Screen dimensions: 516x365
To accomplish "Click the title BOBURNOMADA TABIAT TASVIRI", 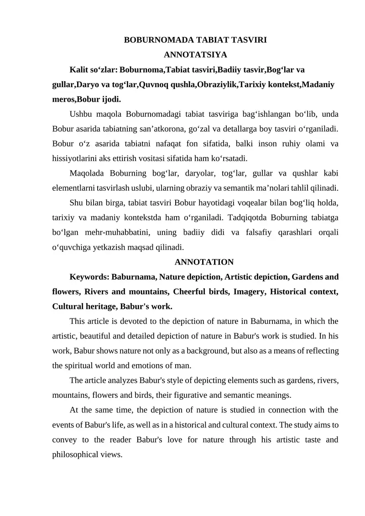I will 195,40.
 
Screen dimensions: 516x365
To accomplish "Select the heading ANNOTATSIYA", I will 195,55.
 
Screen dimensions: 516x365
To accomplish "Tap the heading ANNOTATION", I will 204,262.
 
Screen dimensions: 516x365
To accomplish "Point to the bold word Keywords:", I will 89,276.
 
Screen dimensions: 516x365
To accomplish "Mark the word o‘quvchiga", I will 73,247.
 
